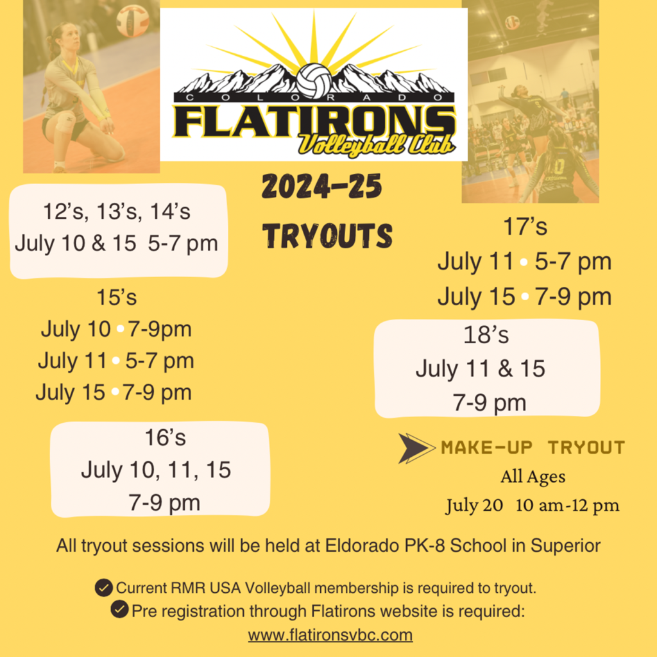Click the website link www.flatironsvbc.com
330,635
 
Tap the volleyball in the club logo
314,80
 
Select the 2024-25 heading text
321,187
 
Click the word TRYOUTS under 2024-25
327,236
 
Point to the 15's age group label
117,297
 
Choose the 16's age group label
165,437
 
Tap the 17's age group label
525,226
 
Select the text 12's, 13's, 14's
117,211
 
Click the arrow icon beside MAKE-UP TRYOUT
416,448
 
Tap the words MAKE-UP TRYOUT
533,448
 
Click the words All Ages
533,477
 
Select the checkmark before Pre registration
119,610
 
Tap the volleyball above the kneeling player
132,21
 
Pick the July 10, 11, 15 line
156,470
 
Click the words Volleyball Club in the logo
375,142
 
